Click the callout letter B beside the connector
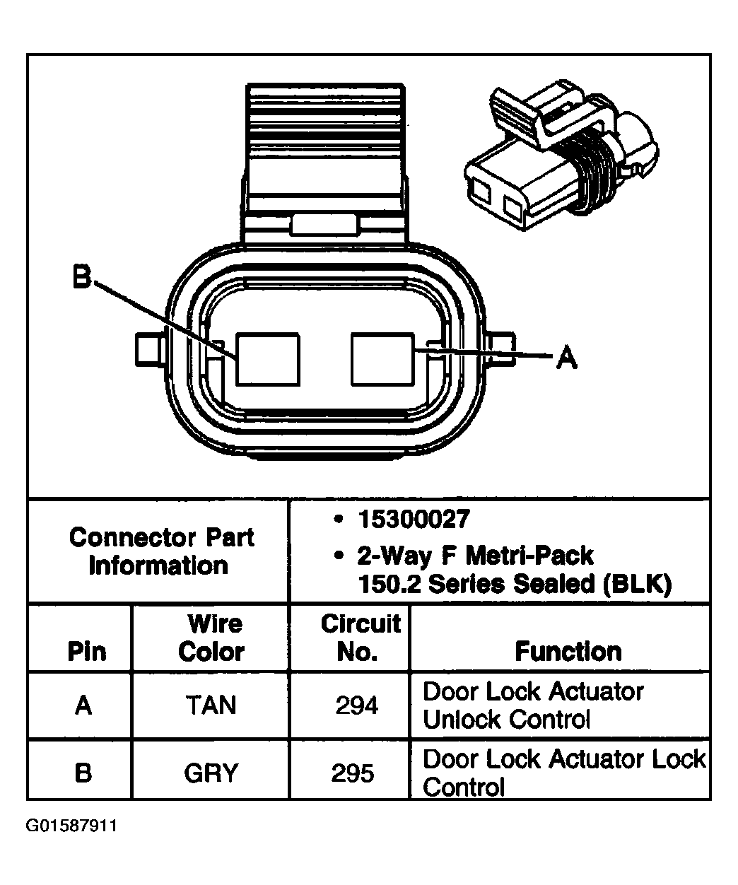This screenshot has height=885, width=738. [x=82, y=278]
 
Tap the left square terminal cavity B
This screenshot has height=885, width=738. [x=267, y=360]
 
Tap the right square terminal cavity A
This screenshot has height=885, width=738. [x=382, y=360]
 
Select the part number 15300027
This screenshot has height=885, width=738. [x=413, y=520]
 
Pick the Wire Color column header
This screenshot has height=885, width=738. [x=211, y=638]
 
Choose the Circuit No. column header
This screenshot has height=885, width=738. [x=359, y=638]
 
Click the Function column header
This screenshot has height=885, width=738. [x=568, y=651]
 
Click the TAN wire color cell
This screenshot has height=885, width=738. [x=211, y=705]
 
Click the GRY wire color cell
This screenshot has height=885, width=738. [x=211, y=773]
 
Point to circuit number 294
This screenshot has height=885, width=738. [x=357, y=705]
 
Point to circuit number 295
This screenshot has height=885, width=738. [x=353, y=773]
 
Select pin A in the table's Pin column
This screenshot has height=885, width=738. [x=83, y=705]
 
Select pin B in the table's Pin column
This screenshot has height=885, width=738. [x=83, y=773]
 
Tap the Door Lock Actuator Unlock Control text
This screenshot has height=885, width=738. [x=533, y=705]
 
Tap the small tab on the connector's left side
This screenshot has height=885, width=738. [x=149, y=349]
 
